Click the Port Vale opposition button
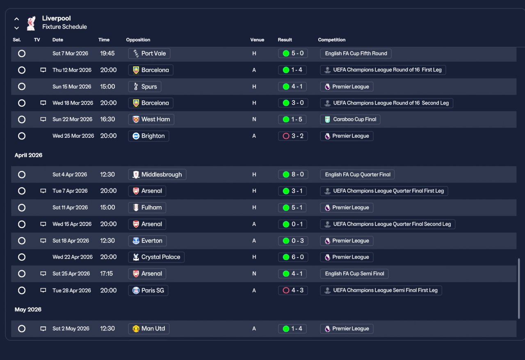pos(149,53)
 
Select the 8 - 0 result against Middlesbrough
pos(293,174)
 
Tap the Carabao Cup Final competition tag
pos(350,119)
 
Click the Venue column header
pos(257,40)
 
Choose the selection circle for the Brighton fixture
pos(22,136)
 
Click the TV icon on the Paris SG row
pos(43,290)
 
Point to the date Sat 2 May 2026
pos(71,328)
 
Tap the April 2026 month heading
pos(28,155)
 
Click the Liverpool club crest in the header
pos(31,23)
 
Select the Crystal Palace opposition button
pos(156,257)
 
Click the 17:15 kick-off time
pos(106,273)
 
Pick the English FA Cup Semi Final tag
pos(354,273)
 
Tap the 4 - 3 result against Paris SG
pos(293,290)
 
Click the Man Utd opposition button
pos(149,328)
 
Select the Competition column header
pos(332,40)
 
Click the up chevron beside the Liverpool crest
pos(16,19)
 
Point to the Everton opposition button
pos(147,241)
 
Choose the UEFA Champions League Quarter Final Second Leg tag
pos(388,224)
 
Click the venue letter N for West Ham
pos(254,119)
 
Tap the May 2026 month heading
pos(28,310)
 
